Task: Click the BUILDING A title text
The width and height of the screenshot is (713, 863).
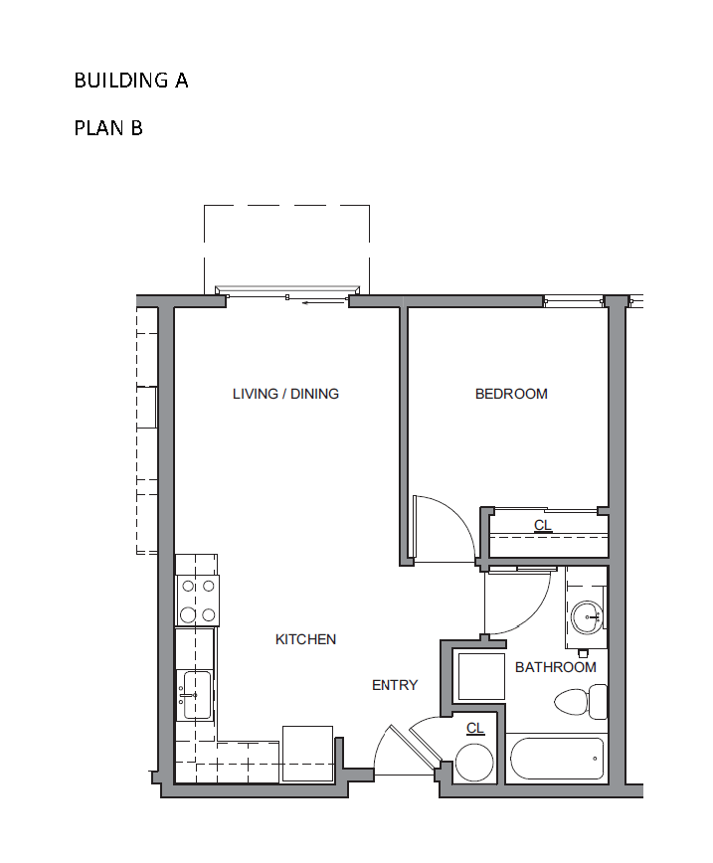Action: click(131, 81)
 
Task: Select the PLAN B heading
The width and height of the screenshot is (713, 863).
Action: click(108, 128)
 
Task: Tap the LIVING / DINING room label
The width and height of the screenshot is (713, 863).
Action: click(285, 394)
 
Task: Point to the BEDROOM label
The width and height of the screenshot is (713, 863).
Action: click(511, 394)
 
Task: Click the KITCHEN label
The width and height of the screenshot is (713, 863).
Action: click(305, 639)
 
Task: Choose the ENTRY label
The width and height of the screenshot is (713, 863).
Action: click(395, 685)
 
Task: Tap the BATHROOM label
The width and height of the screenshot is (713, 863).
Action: click(556, 667)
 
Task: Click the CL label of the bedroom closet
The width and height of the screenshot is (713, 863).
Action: click(543, 525)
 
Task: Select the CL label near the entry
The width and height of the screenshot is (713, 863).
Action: click(475, 728)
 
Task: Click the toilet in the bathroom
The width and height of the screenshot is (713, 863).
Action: click(581, 702)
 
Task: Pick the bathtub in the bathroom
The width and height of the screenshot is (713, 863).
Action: click(557, 759)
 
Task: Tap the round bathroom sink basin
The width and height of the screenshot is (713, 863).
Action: click(587, 617)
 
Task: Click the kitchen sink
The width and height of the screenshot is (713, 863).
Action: click(196, 695)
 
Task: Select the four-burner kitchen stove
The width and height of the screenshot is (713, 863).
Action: click(197, 601)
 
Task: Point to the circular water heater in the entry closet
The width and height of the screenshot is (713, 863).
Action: click(474, 763)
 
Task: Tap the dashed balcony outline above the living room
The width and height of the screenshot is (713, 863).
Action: click(286, 206)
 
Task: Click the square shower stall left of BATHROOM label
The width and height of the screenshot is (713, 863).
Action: click(481, 676)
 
